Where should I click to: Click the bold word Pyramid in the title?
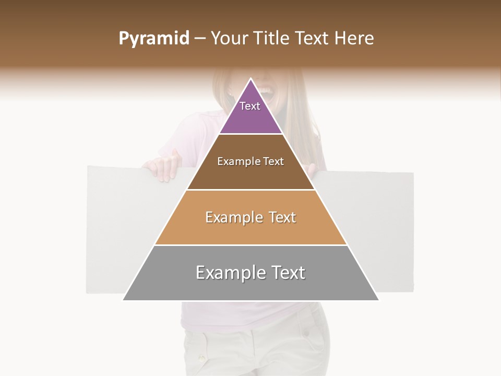[x=153, y=39]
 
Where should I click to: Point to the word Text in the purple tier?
[x=250, y=106]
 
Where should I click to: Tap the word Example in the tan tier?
[x=233, y=217]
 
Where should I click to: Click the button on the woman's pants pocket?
[x=201, y=358]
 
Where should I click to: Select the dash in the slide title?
[x=200, y=39]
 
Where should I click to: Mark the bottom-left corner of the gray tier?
[x=124, y=300]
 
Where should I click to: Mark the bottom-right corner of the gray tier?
[x=378, y=300]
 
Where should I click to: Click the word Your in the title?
[x=228, y=38]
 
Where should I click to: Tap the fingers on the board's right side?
[x=312, y=170]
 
